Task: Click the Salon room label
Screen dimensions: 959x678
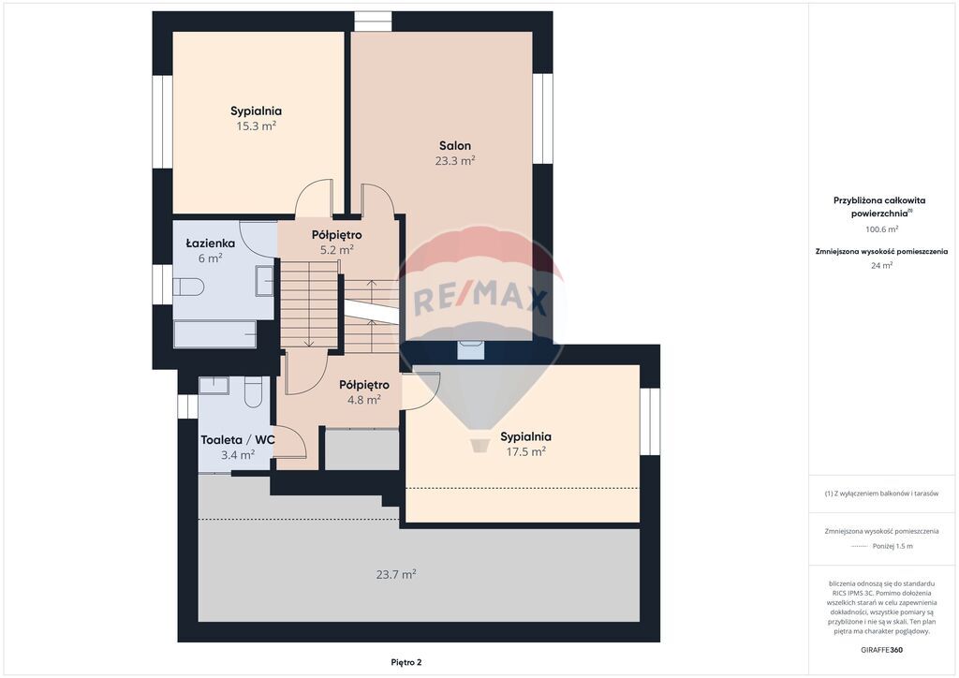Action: (455, 145)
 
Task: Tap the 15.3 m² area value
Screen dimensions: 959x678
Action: (256, 125)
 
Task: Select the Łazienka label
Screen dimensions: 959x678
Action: (211, 243)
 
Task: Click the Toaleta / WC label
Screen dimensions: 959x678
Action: (237, 439)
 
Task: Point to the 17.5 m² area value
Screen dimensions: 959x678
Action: (526, 451)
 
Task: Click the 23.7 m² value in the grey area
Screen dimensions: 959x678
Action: (396, 574)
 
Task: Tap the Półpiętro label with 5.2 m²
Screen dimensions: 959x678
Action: (336, 235)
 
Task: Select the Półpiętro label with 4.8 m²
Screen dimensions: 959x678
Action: (364, 385)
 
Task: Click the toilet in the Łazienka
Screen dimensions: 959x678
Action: (187, 287)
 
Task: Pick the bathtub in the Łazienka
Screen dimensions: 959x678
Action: (215, 333)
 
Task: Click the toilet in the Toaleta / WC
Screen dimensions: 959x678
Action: (253, 391)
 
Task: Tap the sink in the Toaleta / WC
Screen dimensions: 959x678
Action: (214, 385)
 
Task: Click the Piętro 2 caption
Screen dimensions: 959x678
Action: (406, 662)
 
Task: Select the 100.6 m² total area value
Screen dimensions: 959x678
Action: (881, 229)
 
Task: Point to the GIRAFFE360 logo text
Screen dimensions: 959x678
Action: (881, 649)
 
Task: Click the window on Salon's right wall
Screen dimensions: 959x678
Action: (542, 119)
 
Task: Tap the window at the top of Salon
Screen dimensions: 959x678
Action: (373, 22)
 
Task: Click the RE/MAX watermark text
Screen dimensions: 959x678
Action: (480, 301)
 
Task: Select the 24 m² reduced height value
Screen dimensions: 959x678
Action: (881, 265)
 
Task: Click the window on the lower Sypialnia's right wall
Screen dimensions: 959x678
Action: (650, 421)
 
